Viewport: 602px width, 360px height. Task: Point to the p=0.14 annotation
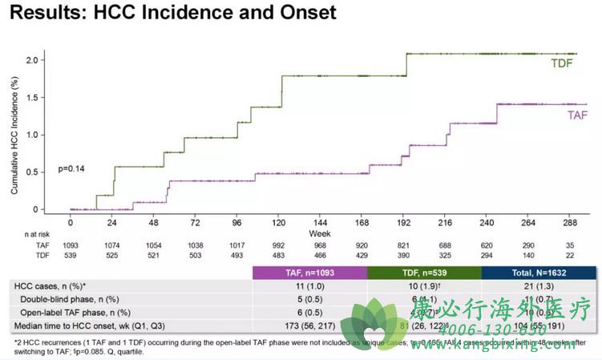[x=71, y=169]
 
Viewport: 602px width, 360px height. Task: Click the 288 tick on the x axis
[x=570, y=223]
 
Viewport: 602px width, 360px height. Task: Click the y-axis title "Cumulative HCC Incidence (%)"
[x=15, y=135]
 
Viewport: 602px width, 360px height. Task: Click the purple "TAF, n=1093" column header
[x=309, y=273]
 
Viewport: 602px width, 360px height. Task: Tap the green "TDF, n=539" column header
[x=424, y=273]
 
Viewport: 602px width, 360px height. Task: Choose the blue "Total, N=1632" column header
[x=539, y=273]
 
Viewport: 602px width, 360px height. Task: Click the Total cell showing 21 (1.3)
[x=539, y=285]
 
